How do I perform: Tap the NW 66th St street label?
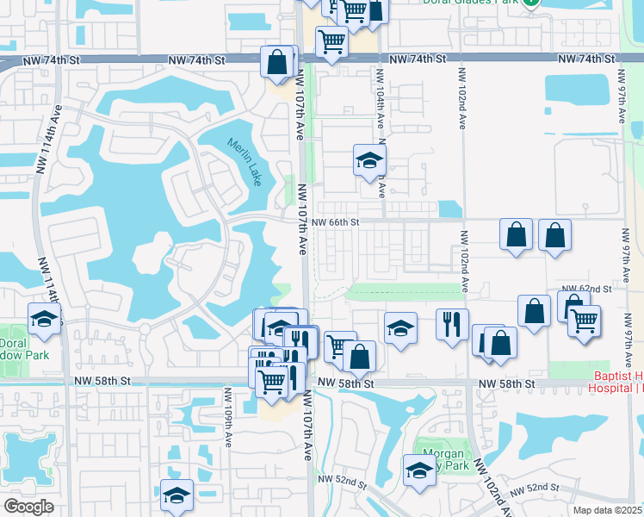(x=334, y=222)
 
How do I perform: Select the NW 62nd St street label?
(x=585, y=289)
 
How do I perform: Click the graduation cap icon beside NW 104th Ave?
(x=369, y=160)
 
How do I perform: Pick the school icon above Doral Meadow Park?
(x=44, y=320)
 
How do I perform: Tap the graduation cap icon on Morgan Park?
(x=419, y=470)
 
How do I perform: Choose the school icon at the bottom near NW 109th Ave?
(x=176, y=495)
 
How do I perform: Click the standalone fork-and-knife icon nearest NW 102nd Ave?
(x=452, y=325)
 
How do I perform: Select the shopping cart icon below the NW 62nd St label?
(x=585, y=321)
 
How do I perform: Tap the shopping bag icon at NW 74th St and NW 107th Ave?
(x=277, y=63)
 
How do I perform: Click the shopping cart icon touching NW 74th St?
(x=331, y=41)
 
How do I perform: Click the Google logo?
(x=28, y=507)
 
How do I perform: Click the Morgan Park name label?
(x=444, y=460)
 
